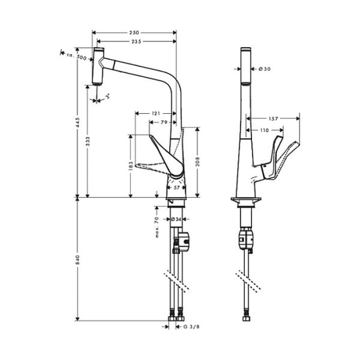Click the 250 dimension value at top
(134, 32)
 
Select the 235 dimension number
(136, 42)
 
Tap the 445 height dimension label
(78, 123)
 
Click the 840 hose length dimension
(78, 260)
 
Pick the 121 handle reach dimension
(156, 114)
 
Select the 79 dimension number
(164, 122)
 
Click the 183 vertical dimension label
(131, 166)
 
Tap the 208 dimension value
(197, 162)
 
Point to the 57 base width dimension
(176, 188)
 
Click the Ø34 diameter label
(176, 220)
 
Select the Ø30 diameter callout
(264, 69)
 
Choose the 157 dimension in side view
(273, 119)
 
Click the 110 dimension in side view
(264, 131)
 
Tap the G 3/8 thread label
(191, 327)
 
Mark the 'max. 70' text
(157, 227)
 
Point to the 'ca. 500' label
(77, 57)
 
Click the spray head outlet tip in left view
(97, 84)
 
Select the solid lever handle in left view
(167, 157)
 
